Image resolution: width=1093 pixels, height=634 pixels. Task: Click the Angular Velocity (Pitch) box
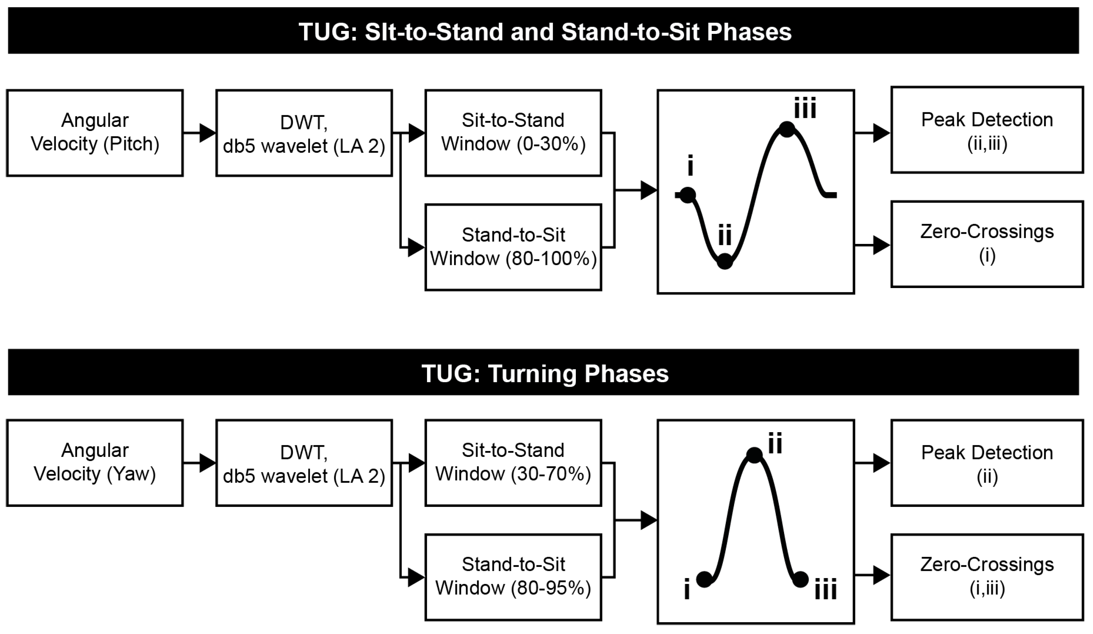point(94,133)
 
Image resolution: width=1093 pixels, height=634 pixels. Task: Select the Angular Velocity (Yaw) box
point(94,462)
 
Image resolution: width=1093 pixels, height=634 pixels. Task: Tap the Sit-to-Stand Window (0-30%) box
point(513,133)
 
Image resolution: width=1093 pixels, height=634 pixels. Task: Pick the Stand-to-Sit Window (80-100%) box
point(513,247)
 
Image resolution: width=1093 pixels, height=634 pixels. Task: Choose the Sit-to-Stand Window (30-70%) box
point(513,462)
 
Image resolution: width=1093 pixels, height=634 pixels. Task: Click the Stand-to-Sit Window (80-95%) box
point(513,577)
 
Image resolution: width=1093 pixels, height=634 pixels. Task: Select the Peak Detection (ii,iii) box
point(987,130)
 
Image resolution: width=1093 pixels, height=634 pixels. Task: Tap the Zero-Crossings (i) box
point(987,244)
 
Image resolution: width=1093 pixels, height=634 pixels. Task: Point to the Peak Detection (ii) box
point(987,462)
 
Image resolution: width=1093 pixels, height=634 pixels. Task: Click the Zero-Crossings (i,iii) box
point(987,577)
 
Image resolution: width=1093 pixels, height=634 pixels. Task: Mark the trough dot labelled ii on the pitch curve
point(724,261)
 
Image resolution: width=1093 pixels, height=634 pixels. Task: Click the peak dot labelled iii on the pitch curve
point(787,129)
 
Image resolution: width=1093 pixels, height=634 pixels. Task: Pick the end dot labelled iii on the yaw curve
point(800,579)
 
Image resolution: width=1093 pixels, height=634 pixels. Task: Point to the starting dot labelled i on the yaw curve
point(704,579)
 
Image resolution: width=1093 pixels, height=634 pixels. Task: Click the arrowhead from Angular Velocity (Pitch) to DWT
point(208,133)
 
